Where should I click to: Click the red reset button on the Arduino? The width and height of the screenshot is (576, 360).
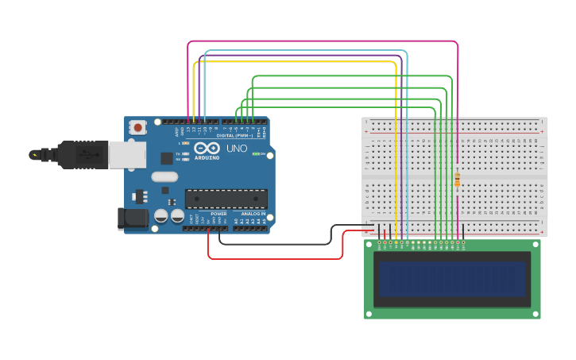click(x=138, y=127)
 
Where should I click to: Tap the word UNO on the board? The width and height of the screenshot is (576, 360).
click(x=238, y=149)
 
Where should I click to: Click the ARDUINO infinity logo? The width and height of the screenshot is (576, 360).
click(x=207, y=148)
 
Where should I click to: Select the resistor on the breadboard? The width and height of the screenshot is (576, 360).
click(x=457, y=180)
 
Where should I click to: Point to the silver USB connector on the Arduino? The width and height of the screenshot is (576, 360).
click(x=126, y=154)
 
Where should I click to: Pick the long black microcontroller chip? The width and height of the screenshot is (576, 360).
click(x=226, y=199)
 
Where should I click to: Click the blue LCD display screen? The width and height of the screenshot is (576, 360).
click(x=452, y=280)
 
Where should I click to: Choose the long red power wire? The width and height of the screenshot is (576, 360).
click(x=274, y=258)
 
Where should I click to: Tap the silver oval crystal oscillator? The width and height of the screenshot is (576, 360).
click(x=164, y=176)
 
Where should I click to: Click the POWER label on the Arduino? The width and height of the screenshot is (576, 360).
click(x=219, y=214)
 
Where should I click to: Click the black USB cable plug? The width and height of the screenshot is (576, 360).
click(x=76, y=155)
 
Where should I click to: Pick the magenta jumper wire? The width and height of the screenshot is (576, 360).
click(x=318, y=41)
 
